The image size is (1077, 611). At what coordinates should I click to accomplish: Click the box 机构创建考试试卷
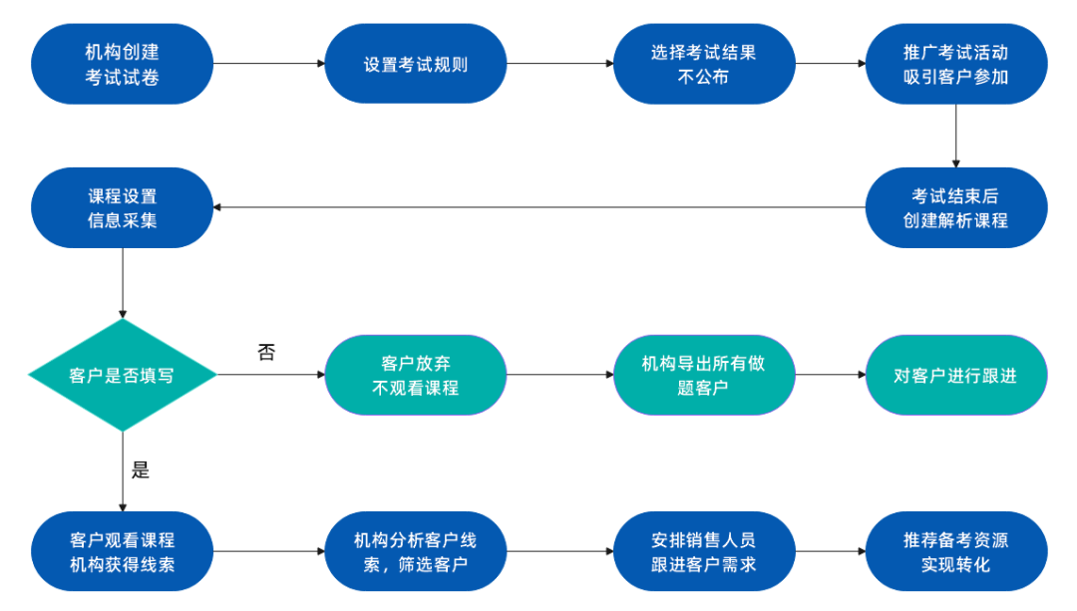[122, 64]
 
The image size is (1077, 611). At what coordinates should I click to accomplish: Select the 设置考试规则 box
[416, 64]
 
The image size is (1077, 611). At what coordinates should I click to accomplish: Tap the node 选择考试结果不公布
[703, 64]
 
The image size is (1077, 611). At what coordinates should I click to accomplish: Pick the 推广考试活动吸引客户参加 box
[955, 64]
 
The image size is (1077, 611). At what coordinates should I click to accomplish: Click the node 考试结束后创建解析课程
[955, 207]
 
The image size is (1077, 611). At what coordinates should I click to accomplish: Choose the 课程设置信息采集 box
[122, 207]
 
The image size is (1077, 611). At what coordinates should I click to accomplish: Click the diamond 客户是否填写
[122, 375]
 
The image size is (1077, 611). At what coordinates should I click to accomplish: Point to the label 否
[266, 352]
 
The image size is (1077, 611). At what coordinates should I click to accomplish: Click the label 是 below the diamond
[141, 470]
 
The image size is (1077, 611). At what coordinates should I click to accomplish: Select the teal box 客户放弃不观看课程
[416, 375]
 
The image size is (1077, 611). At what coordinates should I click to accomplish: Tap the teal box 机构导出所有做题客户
[703, 375]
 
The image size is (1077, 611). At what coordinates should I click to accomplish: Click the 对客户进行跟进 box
[955, 375]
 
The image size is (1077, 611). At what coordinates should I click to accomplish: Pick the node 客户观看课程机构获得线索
[122, 552]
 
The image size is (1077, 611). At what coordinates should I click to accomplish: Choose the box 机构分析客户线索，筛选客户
[416, 552]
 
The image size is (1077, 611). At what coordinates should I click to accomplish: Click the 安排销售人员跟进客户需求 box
[703, 552]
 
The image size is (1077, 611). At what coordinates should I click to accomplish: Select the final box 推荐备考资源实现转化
[955, 552]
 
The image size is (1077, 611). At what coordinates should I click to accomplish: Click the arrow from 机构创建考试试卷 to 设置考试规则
[269, 64]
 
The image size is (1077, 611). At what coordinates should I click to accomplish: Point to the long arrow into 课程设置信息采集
[538, 207]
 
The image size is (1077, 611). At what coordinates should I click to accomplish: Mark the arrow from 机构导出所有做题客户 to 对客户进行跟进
[830, 375]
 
